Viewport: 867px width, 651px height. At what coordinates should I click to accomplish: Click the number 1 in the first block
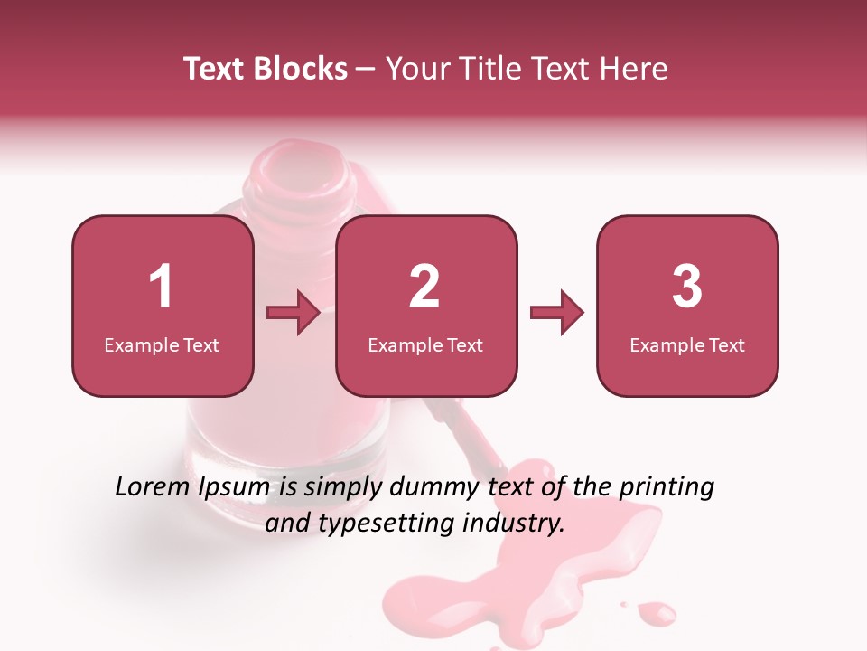click(x=161, y=287)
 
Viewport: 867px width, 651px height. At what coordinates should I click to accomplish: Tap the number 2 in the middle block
click(x=424, y=287)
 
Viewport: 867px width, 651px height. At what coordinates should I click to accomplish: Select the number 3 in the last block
click(x=687, y=287)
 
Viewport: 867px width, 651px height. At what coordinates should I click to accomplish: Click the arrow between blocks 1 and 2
click(x=294, y=313)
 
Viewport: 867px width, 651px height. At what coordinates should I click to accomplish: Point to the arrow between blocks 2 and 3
click(x=556, y=313)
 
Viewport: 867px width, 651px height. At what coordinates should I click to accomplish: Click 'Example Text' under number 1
click(x=162, y=344)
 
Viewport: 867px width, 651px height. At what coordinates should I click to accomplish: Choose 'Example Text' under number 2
click(x=425, y=344)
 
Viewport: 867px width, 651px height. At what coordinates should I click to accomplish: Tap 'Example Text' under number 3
click(x=687, y=344)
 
